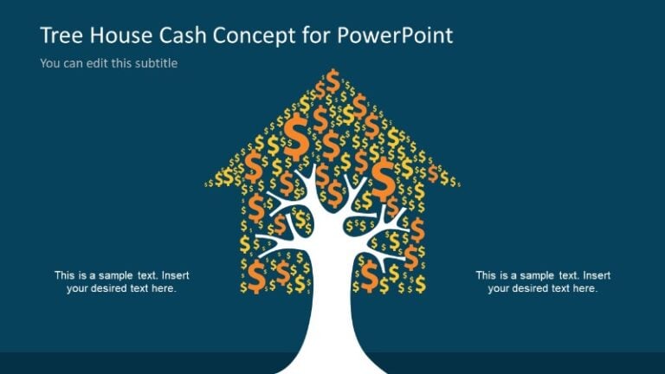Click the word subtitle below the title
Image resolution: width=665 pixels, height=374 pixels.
(x=156, y=63)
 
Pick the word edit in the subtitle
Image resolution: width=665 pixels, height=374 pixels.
(x=96, y=63)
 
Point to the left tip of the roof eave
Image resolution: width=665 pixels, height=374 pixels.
(x=207, y=184)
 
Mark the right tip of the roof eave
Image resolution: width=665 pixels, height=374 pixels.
(x=457, y=184)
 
